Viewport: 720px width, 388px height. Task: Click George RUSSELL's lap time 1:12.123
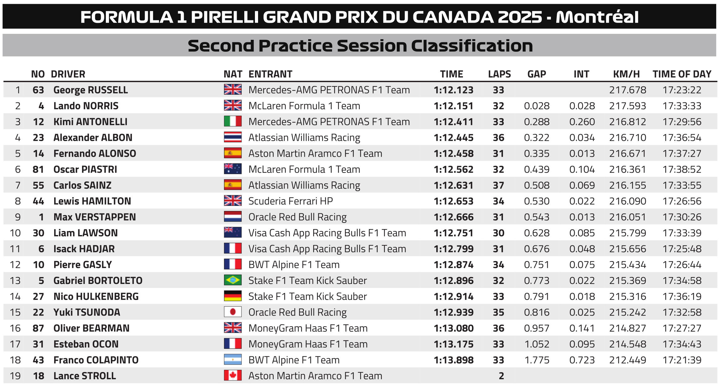(x=453, y=90)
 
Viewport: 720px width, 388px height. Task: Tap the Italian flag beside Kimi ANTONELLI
(x=233, y=122)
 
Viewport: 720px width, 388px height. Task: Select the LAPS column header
(x=499, y=74)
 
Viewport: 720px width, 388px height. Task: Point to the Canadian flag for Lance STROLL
(x=233, y=375)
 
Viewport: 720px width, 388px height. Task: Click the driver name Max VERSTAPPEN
(x=95, y=217)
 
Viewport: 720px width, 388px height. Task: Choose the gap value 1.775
(x=537, y=360)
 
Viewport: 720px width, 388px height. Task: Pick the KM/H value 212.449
(x=627, y=360)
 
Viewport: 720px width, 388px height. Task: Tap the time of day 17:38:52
(x=682, y=169)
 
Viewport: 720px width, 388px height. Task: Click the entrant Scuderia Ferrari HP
(x=290, y=201)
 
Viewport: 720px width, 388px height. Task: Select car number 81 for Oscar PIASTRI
(x=38, y=169)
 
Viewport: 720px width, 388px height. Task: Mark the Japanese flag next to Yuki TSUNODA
(x=233, y=312)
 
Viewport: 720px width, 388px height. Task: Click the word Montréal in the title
(x=597, y=17)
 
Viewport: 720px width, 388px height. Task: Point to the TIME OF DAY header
(x=682, y=74)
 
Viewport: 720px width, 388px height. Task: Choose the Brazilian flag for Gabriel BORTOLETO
(x=233, y=280)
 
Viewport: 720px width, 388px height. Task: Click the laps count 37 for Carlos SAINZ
(x=498, y=185)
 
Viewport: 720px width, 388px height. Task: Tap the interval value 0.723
(x=582, y=360)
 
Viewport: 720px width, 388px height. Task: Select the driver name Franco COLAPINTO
(x=96, y=360)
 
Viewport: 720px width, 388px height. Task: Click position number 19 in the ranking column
(x=15, y=376)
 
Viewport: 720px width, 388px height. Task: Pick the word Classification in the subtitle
(x=472, y=46)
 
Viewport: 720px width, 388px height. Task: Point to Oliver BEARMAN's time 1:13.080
(x=453, y=328)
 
